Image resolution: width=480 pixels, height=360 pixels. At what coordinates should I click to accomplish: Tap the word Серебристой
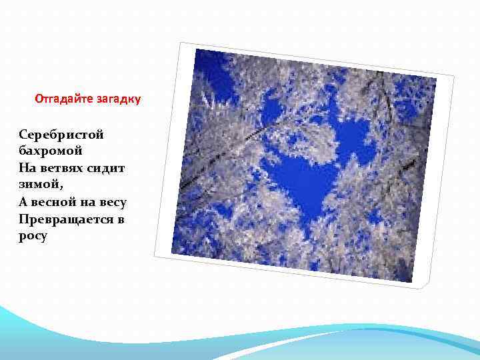click(61, 135)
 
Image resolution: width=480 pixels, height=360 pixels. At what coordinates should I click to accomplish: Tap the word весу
click(112, 202)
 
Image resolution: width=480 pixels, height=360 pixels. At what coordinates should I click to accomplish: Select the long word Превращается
click(63, 219)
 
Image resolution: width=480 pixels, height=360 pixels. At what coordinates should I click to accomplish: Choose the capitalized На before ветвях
click(29, 168)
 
